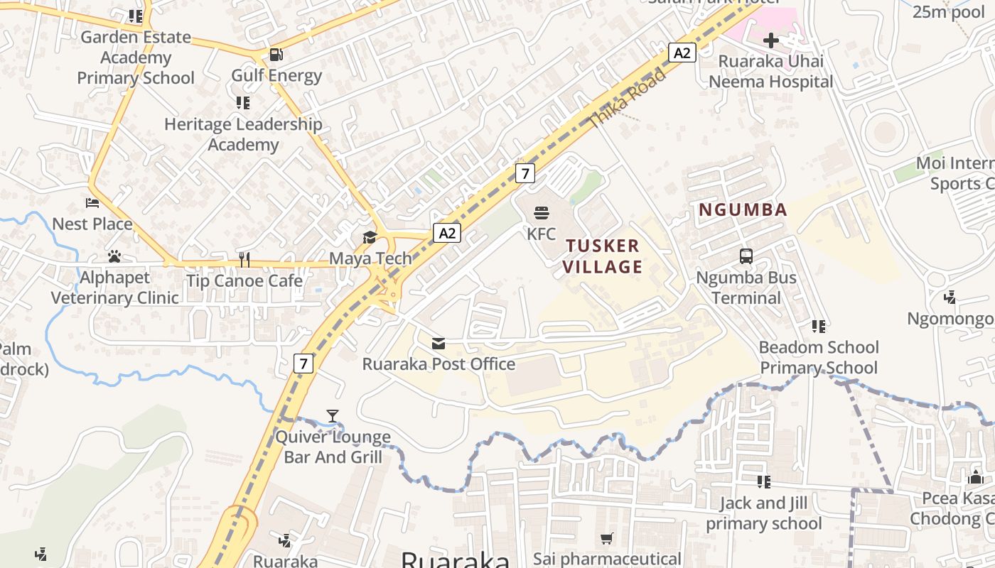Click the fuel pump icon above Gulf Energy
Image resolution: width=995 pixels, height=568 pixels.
coord(276,54)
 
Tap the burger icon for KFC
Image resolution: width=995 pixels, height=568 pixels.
coord(542,212)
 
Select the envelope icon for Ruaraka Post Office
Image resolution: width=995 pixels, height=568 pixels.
coord(439,344)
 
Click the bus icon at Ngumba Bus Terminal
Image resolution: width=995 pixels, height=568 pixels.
coord(746,256)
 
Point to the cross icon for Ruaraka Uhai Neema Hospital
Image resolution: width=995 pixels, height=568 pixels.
coord(770,40)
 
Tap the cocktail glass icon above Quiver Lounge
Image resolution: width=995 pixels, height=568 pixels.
coord(333,416)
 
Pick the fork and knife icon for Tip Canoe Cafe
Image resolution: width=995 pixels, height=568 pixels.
coord(244,260)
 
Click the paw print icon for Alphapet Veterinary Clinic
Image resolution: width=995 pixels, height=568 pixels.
coord(114,256)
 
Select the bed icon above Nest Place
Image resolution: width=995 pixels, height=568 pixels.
coord(92,203)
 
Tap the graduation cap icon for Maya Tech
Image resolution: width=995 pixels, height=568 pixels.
coord(370,237)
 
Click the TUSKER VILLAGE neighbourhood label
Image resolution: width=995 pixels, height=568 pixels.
coord(603,256)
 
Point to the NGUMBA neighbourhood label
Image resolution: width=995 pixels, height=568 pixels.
coord(743,209)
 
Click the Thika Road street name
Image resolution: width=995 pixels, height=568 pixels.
coord(628,99)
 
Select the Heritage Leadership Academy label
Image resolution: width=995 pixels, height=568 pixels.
coord(243,134)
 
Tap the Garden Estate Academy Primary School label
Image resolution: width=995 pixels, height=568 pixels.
coord(135,58)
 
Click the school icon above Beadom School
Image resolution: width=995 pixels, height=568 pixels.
coord(819,327)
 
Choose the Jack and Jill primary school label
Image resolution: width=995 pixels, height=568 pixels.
coord(763,513)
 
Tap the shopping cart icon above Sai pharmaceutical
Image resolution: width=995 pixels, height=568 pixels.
coord(606,539)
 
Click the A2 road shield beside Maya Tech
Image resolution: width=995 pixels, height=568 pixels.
coord(447,233)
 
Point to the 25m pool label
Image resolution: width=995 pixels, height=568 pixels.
coord(949,11)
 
